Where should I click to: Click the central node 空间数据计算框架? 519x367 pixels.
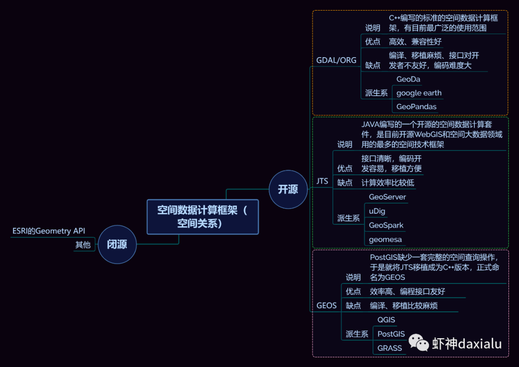[x=202, y=217]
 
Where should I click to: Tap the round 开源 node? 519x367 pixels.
[x=288, y=189]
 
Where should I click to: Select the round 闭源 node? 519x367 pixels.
[x=117, y=245]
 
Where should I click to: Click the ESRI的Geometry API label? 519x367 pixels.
[x=49, y=231]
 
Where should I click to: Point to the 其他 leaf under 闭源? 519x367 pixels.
[x=83, y=245]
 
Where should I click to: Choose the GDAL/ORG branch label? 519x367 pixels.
[x=336, y=60]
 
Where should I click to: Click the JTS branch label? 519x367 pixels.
[x=322, y=181]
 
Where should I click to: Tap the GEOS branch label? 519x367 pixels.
[x=326, y=306]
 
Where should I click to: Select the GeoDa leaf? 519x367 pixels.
[x=408, y=79]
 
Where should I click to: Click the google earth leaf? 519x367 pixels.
[x=419, y=93]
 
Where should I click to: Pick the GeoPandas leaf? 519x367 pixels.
[x=416, y=107]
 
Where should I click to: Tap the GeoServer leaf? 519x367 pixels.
[x=387, y=197]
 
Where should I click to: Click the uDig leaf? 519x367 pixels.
[x=377, y=211]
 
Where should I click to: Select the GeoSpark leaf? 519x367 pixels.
[x=386, y=225]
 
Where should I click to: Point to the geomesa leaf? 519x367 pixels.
[x=385, y=239]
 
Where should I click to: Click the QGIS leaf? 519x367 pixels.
[x=386, y=320]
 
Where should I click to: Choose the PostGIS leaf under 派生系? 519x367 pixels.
[x=391, y=334]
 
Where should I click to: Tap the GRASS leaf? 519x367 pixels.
[x=389, y=348]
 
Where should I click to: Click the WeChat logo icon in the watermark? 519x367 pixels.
[x=419, y=343]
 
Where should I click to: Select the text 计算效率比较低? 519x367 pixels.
[x=387, y=183]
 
